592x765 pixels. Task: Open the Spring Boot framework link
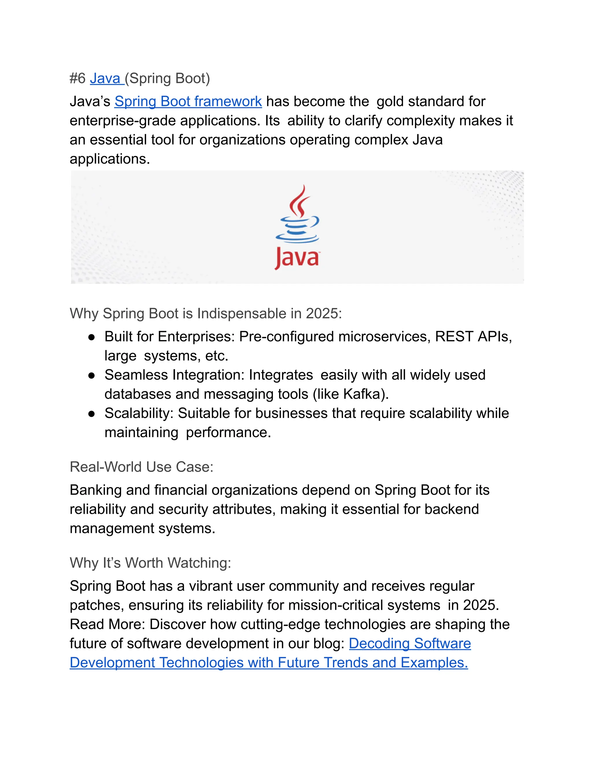[x=188, y=102]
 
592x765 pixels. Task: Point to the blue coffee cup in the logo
[x=297, y=229]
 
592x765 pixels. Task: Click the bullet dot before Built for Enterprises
[x=92, y=337]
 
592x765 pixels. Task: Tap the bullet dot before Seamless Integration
[x=92, y=376]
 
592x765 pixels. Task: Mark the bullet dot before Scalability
[x=92, y=414]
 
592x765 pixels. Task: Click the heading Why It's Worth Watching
[x=150, y=563]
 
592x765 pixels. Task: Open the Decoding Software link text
[x=410, y=644]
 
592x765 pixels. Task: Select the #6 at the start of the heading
[x=77, y=79]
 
